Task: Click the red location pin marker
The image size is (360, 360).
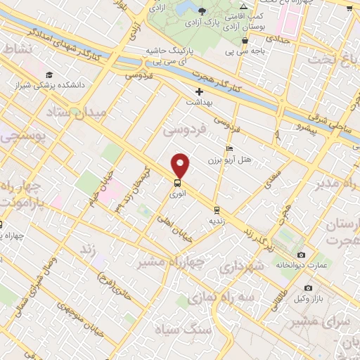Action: pos(181,165)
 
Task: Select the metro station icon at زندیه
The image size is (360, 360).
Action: pos(217,209)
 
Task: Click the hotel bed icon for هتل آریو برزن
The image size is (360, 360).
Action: pos(229,149)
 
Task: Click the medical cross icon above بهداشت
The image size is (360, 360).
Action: pos(199,91)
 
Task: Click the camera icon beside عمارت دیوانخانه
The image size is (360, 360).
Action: pos(302,255)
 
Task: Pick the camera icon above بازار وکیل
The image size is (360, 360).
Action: pos(308,288)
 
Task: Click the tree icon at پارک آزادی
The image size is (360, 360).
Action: pos(203,11)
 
